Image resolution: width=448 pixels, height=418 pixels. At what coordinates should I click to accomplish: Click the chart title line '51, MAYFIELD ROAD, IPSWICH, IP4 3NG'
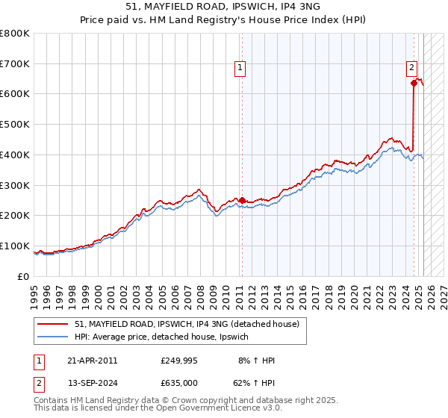223,8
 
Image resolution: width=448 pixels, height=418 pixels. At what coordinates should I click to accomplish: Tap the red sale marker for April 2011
242,200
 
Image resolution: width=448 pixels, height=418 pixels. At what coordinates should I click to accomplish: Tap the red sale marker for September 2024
414,83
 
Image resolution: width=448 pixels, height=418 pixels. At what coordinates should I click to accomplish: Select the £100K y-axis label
16,246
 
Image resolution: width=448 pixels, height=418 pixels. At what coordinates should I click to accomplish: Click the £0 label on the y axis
24,277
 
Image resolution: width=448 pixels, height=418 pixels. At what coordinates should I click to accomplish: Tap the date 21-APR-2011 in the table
93,361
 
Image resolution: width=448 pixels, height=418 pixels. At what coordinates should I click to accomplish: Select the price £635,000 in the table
178,382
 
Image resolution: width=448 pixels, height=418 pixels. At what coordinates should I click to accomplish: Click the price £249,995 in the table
178,361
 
